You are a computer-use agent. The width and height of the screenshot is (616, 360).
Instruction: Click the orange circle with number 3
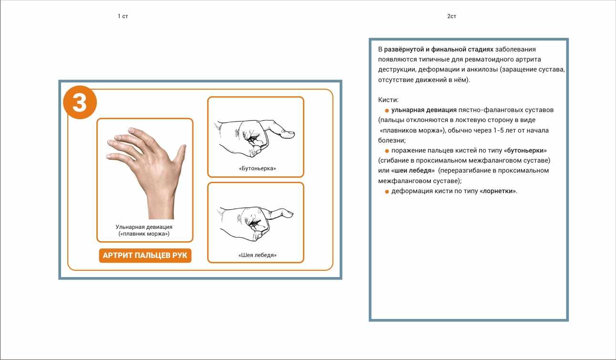point(80,102)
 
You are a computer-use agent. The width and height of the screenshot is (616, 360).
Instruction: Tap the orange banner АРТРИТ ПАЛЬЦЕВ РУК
point(145,256)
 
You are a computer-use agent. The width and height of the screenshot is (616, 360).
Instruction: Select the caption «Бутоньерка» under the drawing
point(257,168)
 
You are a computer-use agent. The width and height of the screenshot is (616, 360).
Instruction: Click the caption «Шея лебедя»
point(257,255)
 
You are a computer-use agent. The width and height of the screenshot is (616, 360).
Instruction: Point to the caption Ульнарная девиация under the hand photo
point(144,227)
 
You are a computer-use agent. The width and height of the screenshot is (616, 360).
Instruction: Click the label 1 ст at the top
point(123,16)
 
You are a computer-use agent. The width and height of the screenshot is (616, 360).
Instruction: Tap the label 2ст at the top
point(451,16)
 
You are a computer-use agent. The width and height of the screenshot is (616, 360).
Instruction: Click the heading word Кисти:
point(388,100)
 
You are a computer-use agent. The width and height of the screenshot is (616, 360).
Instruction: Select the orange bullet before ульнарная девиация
point(386,111)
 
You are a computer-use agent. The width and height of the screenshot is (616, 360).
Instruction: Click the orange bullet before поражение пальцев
point(386,151)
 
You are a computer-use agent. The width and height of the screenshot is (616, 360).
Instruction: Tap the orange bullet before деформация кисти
point(386,192)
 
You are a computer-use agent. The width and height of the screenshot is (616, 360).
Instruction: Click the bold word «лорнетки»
point(498,191)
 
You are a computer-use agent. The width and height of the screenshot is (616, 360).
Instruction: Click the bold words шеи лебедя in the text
point(413,171)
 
